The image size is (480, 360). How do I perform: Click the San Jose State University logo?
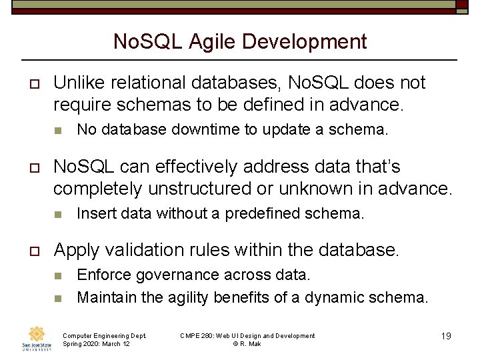[37, 338]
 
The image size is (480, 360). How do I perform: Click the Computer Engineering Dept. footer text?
[104, 335]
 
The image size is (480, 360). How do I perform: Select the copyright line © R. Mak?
[247, 344]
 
